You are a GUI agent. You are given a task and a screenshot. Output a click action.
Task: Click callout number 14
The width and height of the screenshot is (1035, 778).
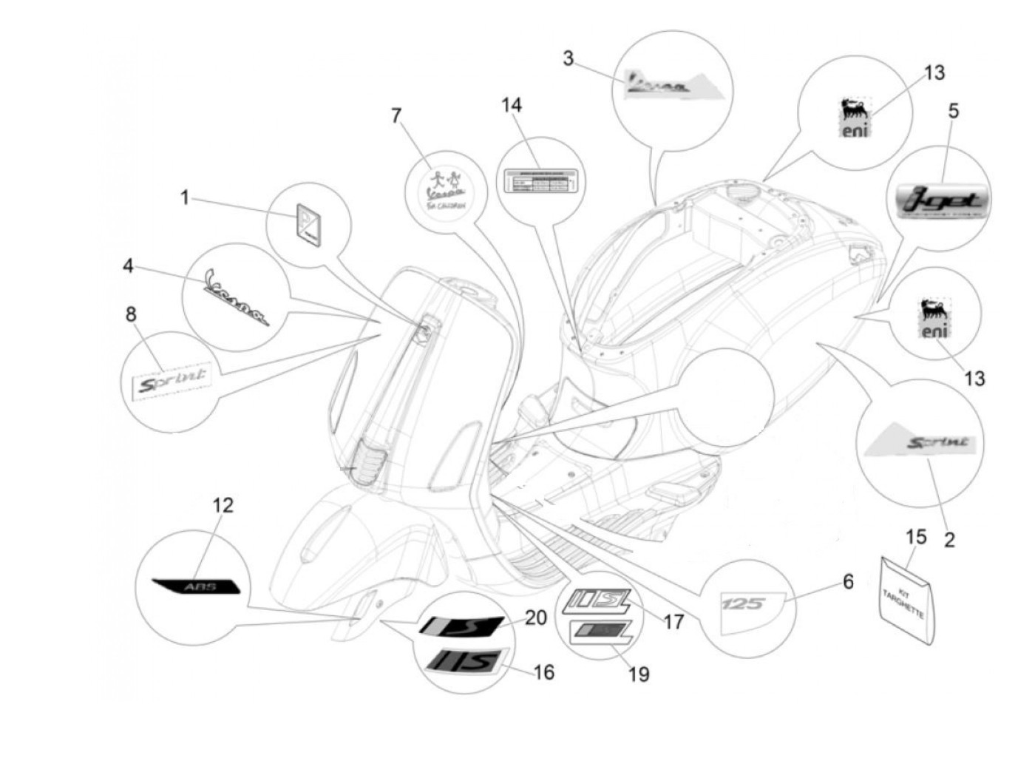(x=511, y=105)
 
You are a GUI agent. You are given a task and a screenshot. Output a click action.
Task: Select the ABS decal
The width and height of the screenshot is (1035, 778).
(x=197, y=586)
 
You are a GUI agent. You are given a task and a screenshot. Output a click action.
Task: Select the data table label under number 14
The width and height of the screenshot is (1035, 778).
(x=540, y=180)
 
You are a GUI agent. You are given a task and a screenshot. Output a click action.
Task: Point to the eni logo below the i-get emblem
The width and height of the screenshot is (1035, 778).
(x=934, y=319)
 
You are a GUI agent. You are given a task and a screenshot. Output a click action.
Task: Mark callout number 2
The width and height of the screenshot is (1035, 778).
(x=949, y=540)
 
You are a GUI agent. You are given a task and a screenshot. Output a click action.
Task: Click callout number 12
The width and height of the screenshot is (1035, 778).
(x=223, y=505)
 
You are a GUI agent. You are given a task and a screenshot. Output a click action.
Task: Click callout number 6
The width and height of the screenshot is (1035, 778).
(x=848, y=582)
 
